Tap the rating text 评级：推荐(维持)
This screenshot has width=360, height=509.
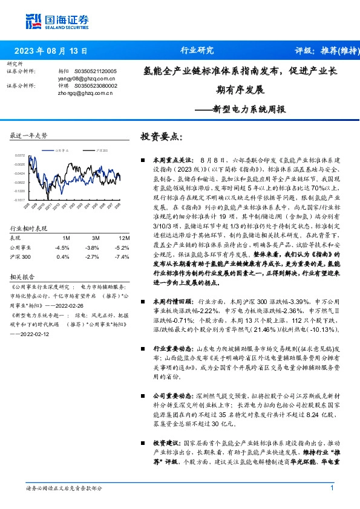coord(326,51)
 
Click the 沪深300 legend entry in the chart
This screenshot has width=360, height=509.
coord(101,150)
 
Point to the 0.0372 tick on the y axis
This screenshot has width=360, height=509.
coord(21,155)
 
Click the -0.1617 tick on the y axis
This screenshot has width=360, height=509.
coord(21,199)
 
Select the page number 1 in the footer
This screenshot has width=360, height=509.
coord(332,488)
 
